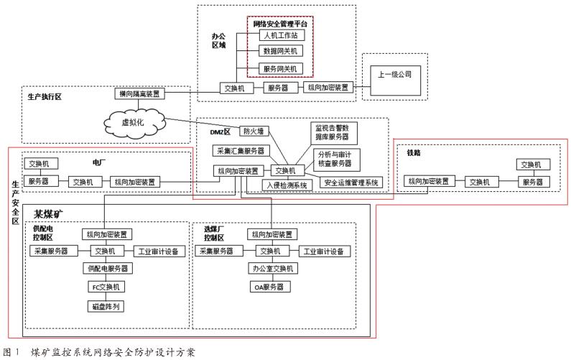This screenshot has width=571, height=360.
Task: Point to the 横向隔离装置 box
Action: coord(140,94)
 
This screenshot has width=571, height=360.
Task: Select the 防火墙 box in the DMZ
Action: coord(255,131)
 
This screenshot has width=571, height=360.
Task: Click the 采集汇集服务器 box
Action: coord(241,151)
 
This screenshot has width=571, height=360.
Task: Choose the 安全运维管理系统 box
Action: coord(353,182)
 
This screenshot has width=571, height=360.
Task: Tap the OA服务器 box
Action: coord(271,287)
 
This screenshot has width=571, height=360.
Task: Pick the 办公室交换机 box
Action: coord(271,269)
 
